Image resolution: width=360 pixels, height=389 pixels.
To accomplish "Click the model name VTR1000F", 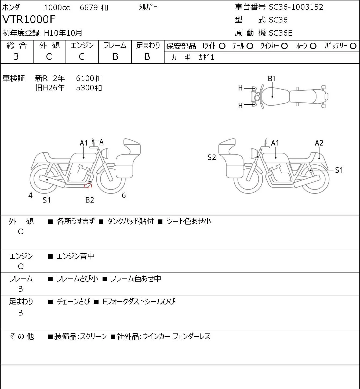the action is (x=29, y=19).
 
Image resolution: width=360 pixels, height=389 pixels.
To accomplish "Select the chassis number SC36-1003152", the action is (x=296, y=7).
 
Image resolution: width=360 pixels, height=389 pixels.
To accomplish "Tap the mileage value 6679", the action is (x=89, y=8).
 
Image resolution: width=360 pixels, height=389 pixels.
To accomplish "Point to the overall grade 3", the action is (x=16, y=57).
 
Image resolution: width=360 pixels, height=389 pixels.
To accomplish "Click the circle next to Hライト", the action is (x=222, y=46).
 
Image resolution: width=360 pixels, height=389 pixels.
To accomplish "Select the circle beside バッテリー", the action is (x=353, y=46).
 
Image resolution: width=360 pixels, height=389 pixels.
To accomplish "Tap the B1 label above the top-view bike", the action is (x=272, y=79).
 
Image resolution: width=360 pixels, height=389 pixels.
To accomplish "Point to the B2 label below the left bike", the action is (x=90, y=200).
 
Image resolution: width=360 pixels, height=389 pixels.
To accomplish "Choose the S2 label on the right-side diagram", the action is (x=212, y=157).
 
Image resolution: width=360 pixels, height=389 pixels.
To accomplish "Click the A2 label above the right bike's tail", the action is (x=319, y=143).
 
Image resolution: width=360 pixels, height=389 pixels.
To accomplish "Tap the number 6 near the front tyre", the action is (x=124, y=195).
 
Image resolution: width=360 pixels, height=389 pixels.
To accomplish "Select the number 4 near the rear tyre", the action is (x=30, y=195).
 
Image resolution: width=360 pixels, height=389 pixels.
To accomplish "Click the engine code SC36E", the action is (x=281, y=33).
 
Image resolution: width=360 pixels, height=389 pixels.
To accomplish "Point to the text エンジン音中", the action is (x=75, y=256).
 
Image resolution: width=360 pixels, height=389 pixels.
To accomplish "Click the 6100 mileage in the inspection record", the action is (x=85, y=78).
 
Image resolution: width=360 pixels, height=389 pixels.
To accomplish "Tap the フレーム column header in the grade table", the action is (x=115, y=45).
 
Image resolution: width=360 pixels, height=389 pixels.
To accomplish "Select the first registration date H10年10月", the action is (x=63, y=33).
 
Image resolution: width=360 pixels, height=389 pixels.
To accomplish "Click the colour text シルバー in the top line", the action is (x=148, y=7).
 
